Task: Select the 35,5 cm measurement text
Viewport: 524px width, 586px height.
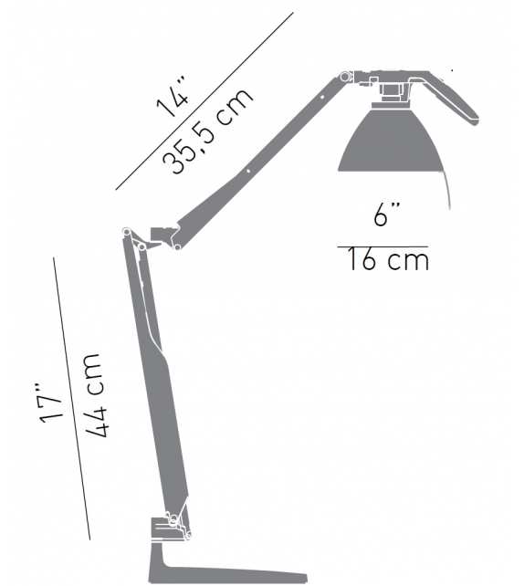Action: (208, 132)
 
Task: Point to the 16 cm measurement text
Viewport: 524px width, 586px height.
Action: (387, 261)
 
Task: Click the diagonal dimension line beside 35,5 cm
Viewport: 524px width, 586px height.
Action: (205, 101)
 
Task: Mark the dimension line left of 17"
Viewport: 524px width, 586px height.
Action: (72, 398)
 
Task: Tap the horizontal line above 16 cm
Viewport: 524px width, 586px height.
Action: (383, 245)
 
